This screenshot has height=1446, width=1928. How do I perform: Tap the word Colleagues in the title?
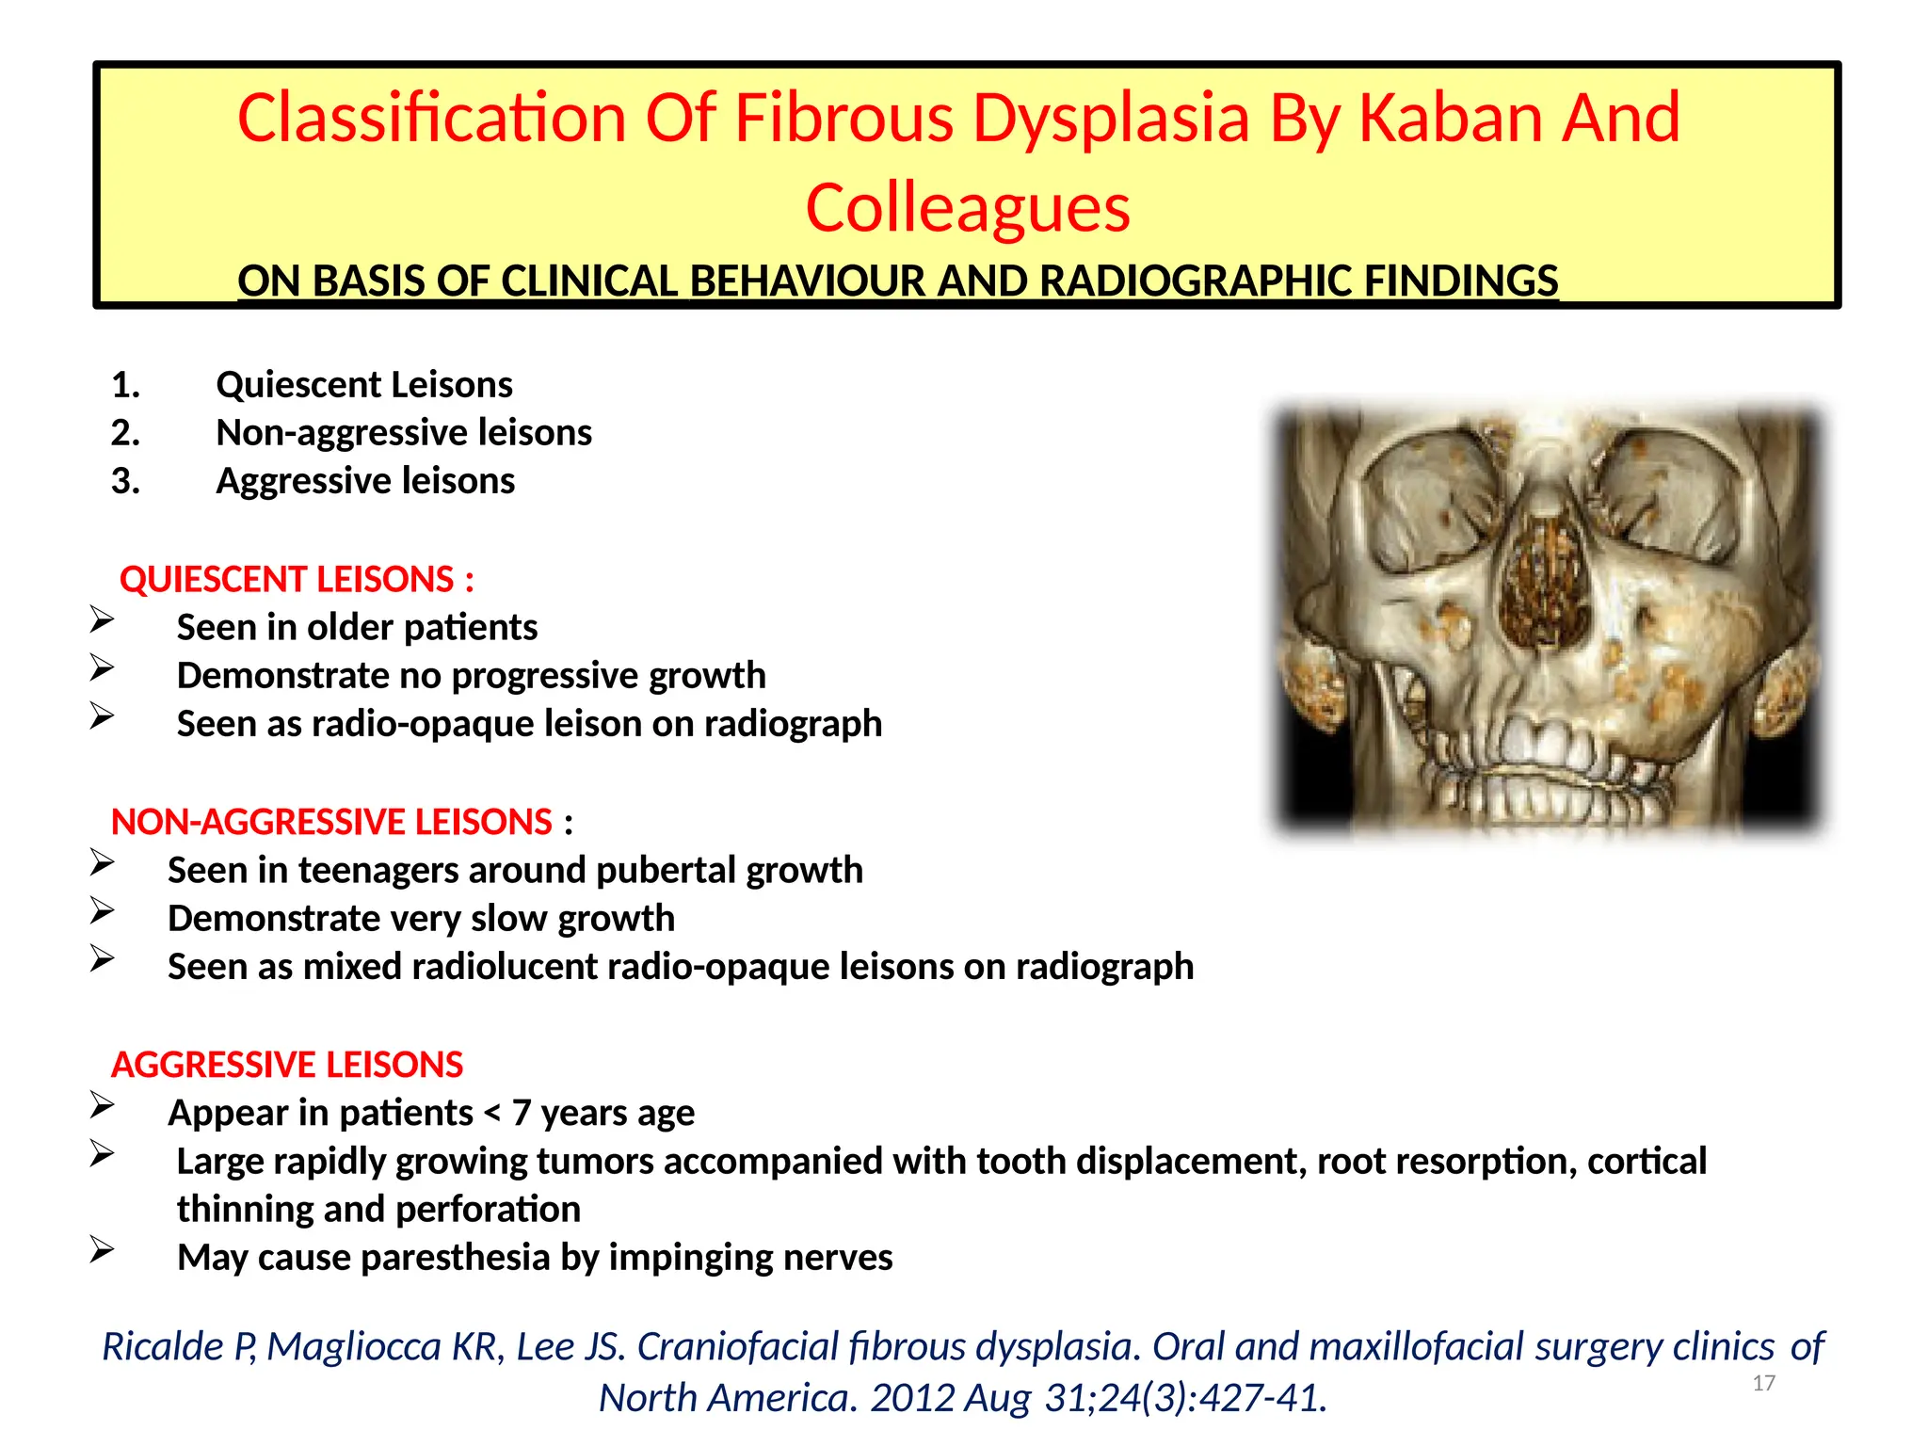pyautogui.click(x=967, y=208)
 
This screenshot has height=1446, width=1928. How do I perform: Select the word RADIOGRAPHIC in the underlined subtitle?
pyautogui.click(x=1197, y=281)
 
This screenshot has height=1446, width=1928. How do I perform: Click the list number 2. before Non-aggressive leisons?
pyautogui.click(x=125, y=433)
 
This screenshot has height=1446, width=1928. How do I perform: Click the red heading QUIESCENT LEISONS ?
pyautogui.click(x=297, y=580)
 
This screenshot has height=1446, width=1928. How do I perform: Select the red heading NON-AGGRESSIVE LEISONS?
pyautogui.click(x=331, y=823)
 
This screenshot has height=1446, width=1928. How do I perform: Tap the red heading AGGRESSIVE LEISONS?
pyautogui.click(x=287, y=1066)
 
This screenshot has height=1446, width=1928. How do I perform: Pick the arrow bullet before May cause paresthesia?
pyautogui.click(x=102, y=1250)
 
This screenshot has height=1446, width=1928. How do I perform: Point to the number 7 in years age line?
pyautogui.click(x=522, y=1114)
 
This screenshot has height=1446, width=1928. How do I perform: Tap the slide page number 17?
pyautogui.click(x=1763, y=1383)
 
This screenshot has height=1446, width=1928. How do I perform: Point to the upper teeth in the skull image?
pyautogui.click(x=1544, y=744)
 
